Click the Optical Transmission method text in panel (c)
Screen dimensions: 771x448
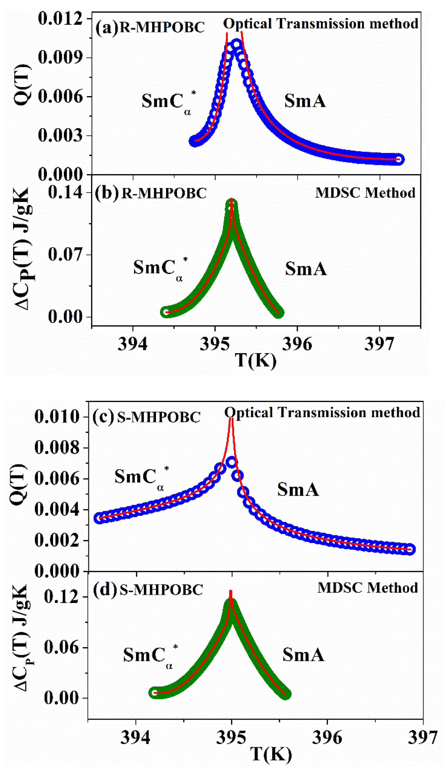tap(322, 412)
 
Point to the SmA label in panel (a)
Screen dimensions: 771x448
tap(305, 101)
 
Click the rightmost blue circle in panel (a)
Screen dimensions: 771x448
tap(398, 159)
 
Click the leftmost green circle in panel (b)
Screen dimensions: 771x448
tap(166, 312)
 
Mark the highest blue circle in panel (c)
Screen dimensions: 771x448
tap(232, 462)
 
